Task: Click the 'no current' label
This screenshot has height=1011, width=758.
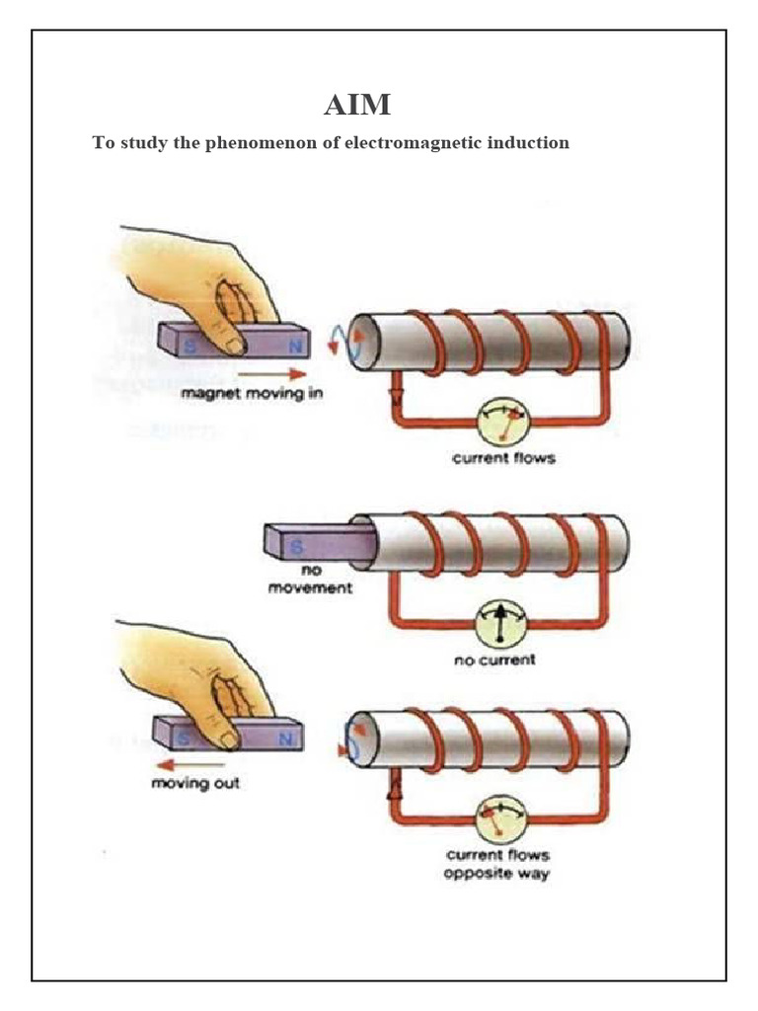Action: [x=494, y=660]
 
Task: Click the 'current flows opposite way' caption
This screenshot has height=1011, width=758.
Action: [x=497, y=864]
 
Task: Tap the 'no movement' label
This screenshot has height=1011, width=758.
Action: [x=312, y=582]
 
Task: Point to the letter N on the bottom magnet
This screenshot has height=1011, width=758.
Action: [x=285, y=738]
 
